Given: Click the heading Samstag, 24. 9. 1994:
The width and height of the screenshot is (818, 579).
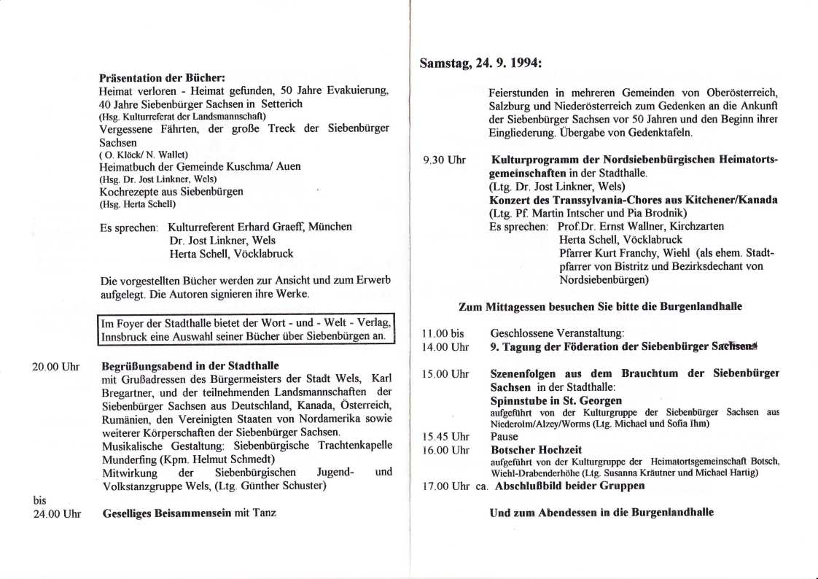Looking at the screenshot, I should coord(480,63).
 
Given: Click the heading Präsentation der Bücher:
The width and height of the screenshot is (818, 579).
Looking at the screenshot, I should coord(162,77).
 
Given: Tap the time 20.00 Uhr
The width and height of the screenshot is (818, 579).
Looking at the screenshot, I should coord(55,366).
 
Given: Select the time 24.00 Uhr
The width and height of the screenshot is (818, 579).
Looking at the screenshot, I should coord(55,513).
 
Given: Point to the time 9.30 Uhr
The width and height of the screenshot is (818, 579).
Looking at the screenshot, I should coord(444,160).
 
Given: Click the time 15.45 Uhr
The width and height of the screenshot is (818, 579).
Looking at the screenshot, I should coord(445,436).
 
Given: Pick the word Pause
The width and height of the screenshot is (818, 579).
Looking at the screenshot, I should coord(505,436).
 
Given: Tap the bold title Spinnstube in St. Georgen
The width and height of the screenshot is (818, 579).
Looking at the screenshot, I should coord(556,400).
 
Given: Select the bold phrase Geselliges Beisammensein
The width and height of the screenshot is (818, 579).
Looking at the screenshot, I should coord(166,513).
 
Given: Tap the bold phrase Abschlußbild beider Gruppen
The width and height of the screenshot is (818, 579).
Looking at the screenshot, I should coord(569,486).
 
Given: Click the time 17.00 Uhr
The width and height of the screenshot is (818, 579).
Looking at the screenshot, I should coord(445,486).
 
